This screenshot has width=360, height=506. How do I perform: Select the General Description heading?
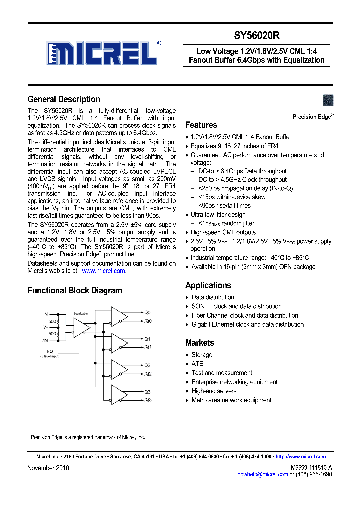pos(64,99)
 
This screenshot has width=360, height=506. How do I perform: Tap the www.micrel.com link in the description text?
pos(103,271)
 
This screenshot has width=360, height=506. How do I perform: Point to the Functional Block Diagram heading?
pos(75,290)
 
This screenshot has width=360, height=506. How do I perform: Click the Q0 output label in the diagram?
pos(147,312)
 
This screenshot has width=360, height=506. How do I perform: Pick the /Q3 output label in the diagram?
pos(148,400)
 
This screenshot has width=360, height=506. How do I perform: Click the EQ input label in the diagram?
pos(50,351)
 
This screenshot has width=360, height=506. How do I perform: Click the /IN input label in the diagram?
pos(45,341)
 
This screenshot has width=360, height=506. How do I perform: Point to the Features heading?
pos(201,125)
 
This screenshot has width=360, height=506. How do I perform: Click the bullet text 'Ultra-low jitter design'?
pos(218,215)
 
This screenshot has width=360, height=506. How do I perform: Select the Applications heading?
pos(208,285)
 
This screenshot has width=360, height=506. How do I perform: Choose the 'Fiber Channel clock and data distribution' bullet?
pos(245,315)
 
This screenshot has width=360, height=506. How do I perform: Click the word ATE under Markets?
pos(197,364)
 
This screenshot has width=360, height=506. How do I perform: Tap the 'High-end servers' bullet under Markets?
pos(214,391)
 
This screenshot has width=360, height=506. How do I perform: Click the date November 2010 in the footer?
pos(48,468)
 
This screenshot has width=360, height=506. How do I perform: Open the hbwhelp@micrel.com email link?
pos(262,474)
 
